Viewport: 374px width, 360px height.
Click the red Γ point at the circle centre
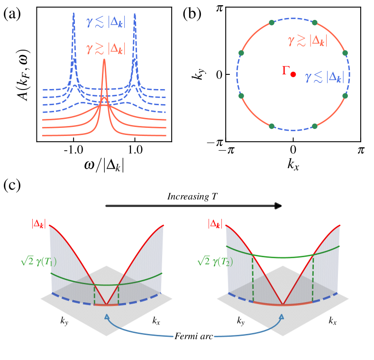pyautogui.click(x=293, y=74)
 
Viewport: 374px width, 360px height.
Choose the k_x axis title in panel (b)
pyautogui.click(x=293, y=164)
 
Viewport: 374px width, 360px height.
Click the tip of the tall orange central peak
pyautogui.click(x=104, y=60)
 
